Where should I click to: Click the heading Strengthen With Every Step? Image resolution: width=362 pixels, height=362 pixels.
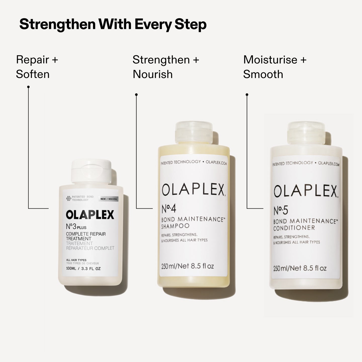click(113, 24)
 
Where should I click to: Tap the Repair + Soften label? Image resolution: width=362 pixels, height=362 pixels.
click(37, 67)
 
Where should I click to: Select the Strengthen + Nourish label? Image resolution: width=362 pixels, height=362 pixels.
click(166, 67)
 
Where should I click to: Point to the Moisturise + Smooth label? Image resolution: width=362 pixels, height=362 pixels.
click(275, 67)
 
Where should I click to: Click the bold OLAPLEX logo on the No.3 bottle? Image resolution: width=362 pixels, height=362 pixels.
click(90, 215)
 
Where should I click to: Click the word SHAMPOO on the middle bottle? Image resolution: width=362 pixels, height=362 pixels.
click(175, 226)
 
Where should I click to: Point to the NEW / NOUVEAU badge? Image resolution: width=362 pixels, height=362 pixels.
click(109, 199)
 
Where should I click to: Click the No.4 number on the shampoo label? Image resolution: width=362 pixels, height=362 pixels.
click(169, 209)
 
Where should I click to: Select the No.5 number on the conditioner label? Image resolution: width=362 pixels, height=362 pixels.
click(281, 211)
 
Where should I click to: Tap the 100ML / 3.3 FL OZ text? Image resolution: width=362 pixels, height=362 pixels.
click(83, 268)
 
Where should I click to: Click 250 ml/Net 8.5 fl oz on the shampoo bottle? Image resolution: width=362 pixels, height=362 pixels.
click(188, 266)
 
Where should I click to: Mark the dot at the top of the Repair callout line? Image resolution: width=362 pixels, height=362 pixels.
click(28, 87)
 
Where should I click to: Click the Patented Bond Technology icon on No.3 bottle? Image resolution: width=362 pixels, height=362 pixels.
click(68, 199)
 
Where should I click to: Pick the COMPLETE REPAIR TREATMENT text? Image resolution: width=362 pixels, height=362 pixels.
click(86, 236)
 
